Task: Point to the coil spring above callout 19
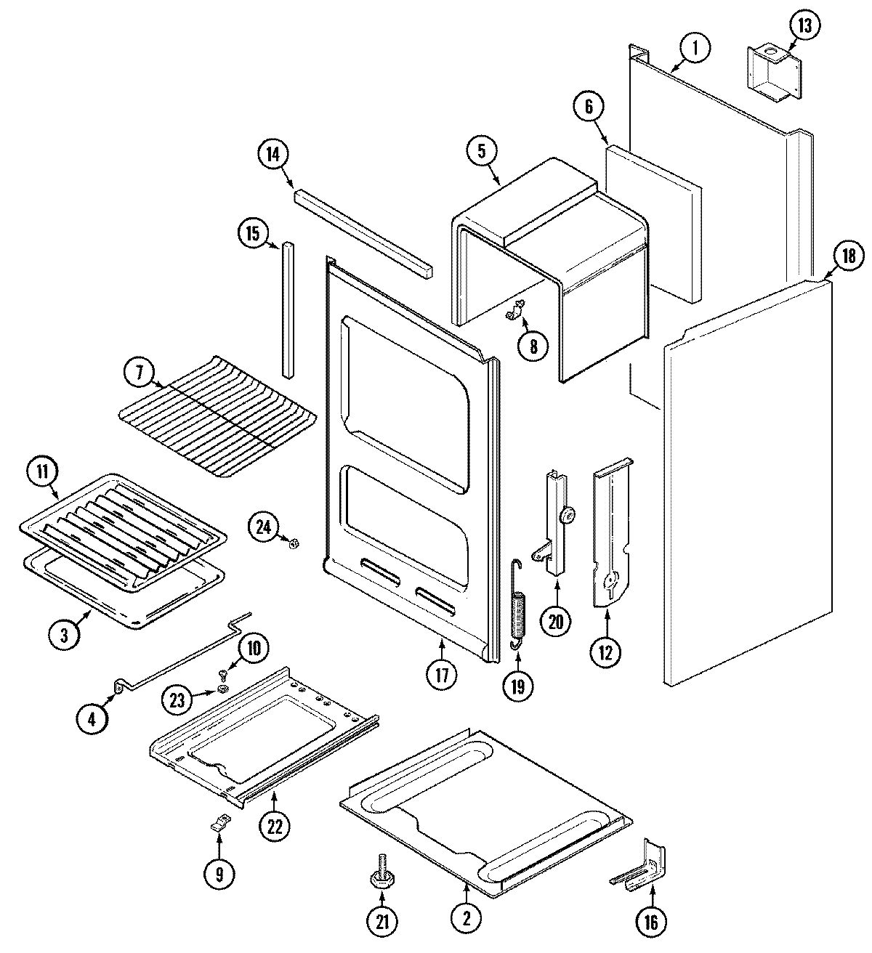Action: coord(517,612)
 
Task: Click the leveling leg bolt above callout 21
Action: coord(381,880)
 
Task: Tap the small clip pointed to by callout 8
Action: coord(514,312)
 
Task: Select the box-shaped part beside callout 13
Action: coord(771,71)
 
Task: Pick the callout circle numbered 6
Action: coord(588,108)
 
